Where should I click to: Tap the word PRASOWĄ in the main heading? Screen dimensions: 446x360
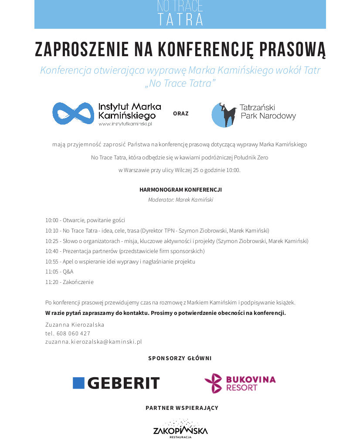292,50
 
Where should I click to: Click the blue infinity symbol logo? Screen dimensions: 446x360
73,113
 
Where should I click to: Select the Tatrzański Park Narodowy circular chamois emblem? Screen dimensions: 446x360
224,115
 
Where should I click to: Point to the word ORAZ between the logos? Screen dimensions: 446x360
180,113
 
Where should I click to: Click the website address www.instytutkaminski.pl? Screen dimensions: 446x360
125,124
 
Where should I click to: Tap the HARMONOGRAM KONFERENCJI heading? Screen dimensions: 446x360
180,190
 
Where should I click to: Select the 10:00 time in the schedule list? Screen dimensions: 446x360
51,220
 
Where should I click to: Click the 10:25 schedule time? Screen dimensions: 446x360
51,241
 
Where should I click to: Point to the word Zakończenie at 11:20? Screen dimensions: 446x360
78,282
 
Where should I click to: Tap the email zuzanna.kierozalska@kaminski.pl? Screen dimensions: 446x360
94,342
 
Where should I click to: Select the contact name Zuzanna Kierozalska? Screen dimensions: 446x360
75,325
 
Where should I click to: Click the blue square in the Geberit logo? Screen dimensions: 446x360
78,383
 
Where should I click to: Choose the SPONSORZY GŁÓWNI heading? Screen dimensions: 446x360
180,358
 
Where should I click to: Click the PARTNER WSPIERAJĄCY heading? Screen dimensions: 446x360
182,408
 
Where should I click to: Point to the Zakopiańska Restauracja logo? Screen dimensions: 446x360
180,429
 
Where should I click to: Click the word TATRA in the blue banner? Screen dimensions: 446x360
180,20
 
